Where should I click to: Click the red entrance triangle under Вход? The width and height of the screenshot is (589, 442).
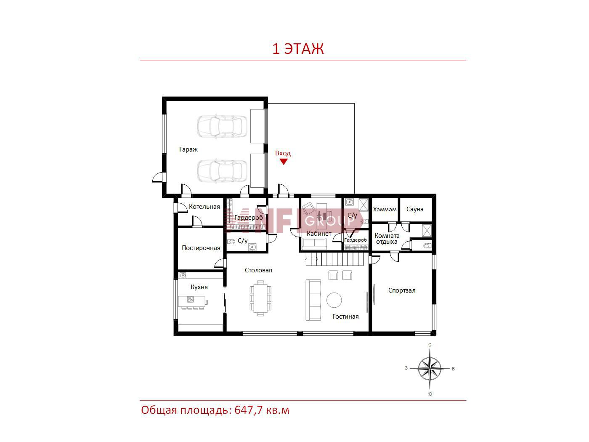[x=284, y=162]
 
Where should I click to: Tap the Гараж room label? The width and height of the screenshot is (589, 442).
[x=188, y=149]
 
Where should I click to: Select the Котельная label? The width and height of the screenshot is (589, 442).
[x=204, y=207]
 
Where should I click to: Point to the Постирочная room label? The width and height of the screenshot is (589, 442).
[x=201, y=248]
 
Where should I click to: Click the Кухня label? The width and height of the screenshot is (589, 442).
[x=199, y=287]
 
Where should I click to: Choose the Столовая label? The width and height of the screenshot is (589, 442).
[x=258, y=270]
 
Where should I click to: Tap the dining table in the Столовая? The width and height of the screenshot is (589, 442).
[x=260, y=298]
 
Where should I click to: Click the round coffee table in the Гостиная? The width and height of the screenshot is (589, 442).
[x=334, y=300]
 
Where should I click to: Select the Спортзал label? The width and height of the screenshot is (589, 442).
[x=402, y=290]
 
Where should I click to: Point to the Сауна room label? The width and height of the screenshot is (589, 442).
[x=415, y=209]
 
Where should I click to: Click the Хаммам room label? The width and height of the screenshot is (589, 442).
[x=385, y=209]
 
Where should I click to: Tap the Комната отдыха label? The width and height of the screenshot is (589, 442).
[x=387, y=239]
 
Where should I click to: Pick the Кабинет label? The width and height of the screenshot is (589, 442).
[x=319, y=234]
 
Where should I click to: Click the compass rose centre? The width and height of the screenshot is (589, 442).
[x=430, y=368]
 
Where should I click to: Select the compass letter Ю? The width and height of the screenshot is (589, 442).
[x=430, y=394]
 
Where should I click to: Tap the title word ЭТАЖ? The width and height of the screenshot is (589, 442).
[x=304, y=49]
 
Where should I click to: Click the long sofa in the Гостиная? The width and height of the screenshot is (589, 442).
[x=313, y=300]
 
